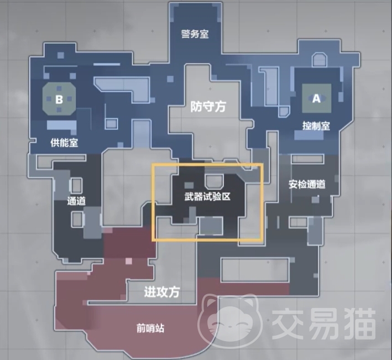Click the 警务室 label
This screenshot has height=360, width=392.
click(x=195, y=34)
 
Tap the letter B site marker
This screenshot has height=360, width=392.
click(x=59, y=100)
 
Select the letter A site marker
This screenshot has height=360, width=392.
click(x=316, y=98)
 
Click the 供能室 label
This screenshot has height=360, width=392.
click(x=64, y=143)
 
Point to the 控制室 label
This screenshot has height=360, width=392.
click(x=316, y=126)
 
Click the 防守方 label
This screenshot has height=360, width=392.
click(x=208, y=107)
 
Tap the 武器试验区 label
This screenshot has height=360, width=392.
click(x=207, y=196)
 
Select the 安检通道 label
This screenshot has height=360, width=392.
click(x=307, y=184)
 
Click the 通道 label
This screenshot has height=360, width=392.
click(x=76, y=201)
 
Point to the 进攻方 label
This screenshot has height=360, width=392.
click(x=162, y=292)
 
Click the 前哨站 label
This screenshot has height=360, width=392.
click(x=150, y=328)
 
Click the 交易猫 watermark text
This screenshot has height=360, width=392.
click(x=324, y=324)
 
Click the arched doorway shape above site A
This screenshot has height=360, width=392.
click(x=320, y=60)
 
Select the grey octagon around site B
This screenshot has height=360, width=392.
click(x=59, y=99)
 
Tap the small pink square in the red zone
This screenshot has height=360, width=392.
click(x=128, y=261)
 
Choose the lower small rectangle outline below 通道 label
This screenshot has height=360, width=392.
click(x=77, y=220)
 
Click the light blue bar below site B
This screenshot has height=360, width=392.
click(x=61, y=125)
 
